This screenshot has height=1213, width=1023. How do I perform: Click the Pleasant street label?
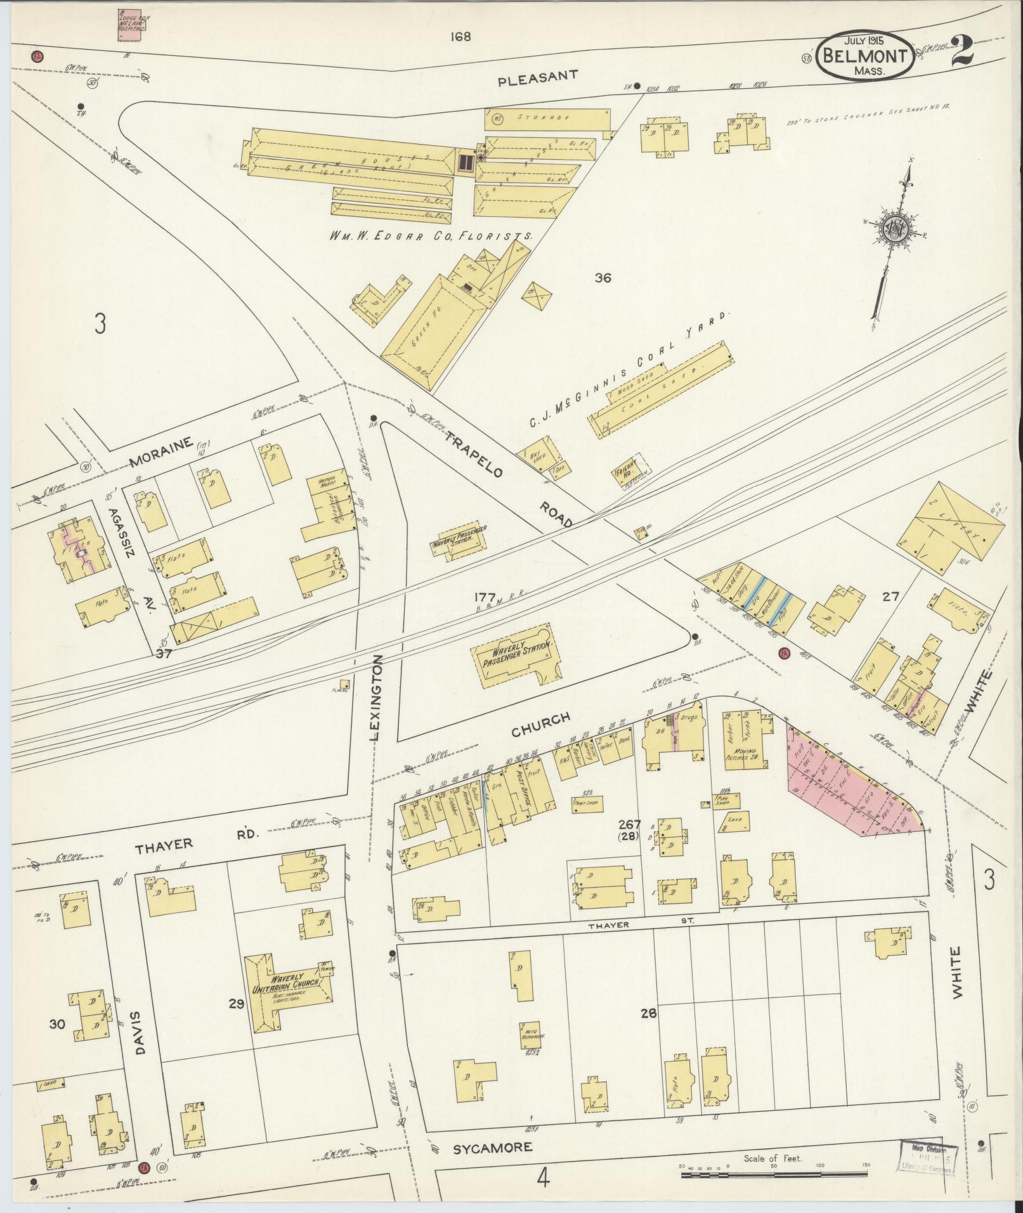click(537, 77)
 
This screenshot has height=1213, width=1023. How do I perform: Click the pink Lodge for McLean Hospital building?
click(131, 25)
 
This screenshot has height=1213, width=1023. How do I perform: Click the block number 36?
click(603, 277)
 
